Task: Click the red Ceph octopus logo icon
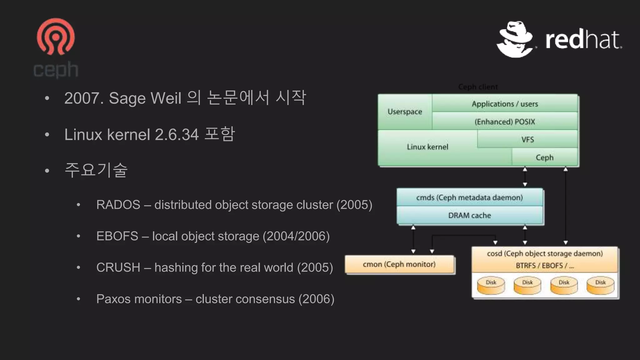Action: point(56,37)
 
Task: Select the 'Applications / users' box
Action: point(505,104)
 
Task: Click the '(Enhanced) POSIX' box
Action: point(505,122)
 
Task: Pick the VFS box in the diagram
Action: point(527,139)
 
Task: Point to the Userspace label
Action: point(405,112)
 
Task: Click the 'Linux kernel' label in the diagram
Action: point(427,147)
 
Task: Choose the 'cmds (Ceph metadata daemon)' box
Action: point(469,197)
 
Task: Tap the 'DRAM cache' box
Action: point(469,215)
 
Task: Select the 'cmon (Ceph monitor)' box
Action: point(399,264)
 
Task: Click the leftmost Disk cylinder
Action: point(491,286)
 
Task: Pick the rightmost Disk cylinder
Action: point(600,286)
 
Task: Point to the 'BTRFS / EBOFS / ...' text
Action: point(545,266)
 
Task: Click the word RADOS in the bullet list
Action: point(118,205)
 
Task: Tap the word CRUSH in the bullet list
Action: point(118,267)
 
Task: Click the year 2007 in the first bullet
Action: point(82,98)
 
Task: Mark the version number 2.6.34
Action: point(177,135)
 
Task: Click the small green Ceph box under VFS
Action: point(544,157)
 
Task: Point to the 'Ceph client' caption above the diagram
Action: point(478,87)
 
